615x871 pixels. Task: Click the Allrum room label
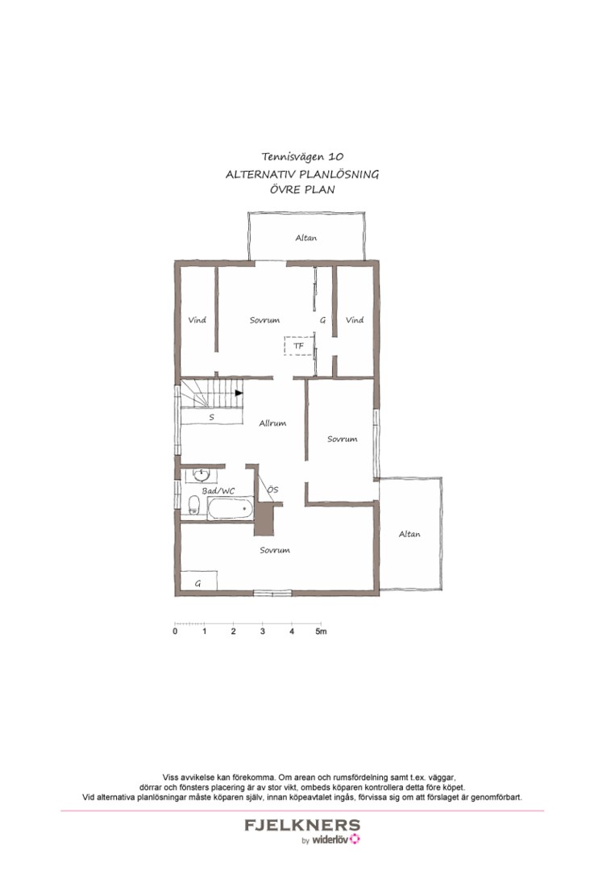click(272, 423)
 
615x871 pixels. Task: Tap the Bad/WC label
click(218, 491)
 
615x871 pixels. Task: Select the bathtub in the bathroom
click(231, 508)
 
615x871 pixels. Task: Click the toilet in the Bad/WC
click(193, 504)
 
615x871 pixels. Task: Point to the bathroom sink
click(202, 475)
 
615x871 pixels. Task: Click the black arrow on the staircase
click(239, 393)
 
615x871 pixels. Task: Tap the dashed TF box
click(299, 346)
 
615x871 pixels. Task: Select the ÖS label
click(272, 490)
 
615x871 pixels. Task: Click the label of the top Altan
click(305, 238)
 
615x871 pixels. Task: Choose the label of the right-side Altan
click(409, 534)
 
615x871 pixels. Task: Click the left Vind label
click(197, 320)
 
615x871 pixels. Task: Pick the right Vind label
click(355, 320)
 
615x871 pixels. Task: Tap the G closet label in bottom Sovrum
click(197, 584)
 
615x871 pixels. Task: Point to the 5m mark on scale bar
click(321, 631)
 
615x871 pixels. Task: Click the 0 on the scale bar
click(176, 631)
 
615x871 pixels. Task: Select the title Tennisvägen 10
click(302, 157)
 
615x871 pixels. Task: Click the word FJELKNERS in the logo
click(302, 825)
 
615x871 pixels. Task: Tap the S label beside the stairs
click(211, 417)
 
